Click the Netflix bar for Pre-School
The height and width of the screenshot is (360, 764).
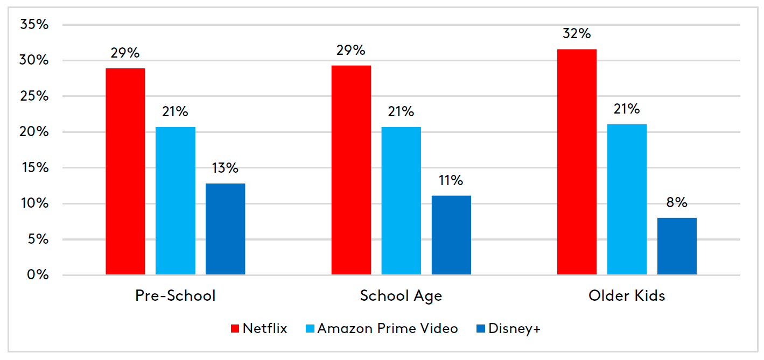coord(125,172)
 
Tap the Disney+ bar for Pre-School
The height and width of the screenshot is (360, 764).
coord(225,229)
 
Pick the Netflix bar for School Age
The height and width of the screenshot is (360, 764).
coord(351,170)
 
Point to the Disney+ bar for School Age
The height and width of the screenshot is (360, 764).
coord(451,235)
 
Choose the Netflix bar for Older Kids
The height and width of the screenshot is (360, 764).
coord(577,162)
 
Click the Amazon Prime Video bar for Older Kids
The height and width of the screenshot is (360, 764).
coord(627,200)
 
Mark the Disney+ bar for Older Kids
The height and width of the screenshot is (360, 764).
coord(677,246)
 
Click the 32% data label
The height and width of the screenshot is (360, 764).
coord(577,34)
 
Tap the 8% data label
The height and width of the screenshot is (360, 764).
coord(677,203)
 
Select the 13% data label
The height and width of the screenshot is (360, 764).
coord(225,168)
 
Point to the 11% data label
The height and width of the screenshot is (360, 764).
coord(451,180)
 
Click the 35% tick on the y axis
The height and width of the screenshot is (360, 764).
coord(34,25)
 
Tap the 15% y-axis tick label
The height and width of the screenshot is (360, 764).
coord(34,168)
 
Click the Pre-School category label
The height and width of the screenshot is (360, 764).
coord(175,296)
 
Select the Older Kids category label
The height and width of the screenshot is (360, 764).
coord(627,296)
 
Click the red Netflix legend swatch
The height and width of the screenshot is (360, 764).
coord(235,329)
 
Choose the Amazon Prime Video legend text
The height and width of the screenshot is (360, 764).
coord(388,329)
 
